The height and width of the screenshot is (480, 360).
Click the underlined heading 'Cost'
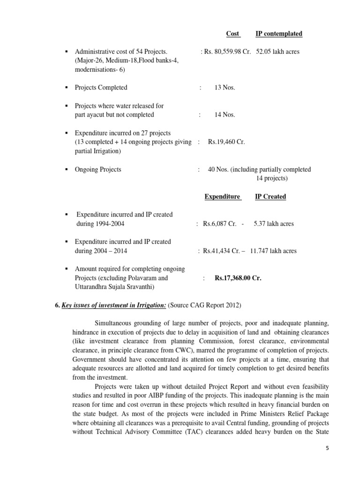pyautogui.click(x=232, y=34)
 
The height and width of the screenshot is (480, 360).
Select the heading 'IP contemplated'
pyautogui.click(x=279, y=34)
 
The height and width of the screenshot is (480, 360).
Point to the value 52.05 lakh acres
pyautogui.click(x=278, y=52)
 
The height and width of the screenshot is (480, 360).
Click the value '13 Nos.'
pyautogui.click(x=225, y=88)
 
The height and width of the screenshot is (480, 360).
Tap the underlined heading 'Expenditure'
pyautogui.click(x=223, y=196)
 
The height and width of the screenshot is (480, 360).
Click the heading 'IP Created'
pyautogui.click(x=270, y=196)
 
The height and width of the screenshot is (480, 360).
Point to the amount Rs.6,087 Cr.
pyautogui.click(x=219, y=224)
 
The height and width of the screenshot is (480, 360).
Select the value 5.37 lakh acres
pyautogui.click(x=274, y=224)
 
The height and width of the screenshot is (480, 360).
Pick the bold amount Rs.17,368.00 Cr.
pyautogui.click(x=238, y=278)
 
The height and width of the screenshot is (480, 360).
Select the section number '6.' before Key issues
pyautogui.click(x=58, y=306)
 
